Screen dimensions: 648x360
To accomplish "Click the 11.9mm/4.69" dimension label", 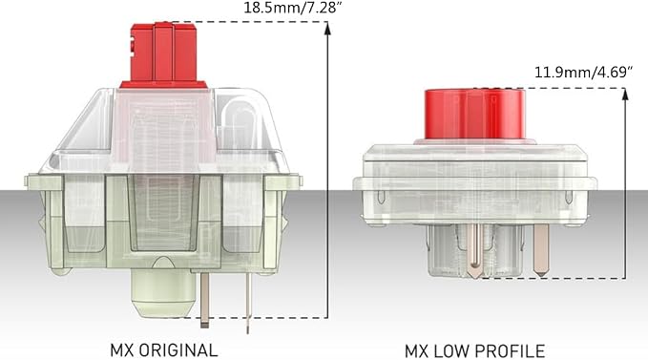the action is pyautogui.click(x=583, y=73).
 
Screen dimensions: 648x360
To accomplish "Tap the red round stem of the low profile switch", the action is pyautogui.click(x=475, y=114).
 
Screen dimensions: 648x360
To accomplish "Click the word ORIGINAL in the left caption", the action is pyautogui.click(x=178, y=350).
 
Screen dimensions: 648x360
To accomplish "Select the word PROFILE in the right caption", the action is pyautogui.click(x=511, y=351).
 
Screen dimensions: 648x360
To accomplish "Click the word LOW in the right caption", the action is pyautogui.click(x=451, y=351).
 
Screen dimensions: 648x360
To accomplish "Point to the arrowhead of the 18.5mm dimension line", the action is pyautogui.click(x=327, y=28).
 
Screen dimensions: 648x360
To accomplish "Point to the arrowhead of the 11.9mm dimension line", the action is pyautogui.click(x=625, y=95).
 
